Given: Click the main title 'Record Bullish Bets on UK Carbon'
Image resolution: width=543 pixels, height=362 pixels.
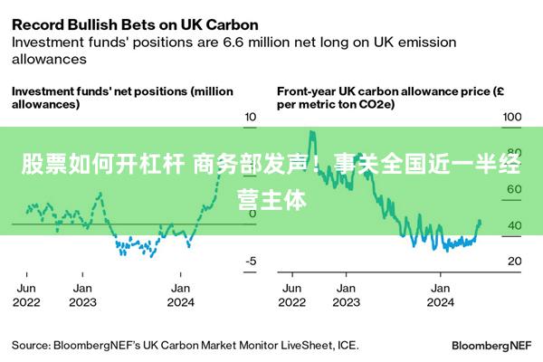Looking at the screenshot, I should (135, 24).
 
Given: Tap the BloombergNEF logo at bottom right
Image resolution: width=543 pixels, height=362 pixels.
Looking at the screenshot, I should (491, 345).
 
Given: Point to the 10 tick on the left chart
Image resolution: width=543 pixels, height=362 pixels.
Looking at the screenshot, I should (252, 117).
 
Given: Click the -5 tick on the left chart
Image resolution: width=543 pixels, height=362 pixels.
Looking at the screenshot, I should (252, 262).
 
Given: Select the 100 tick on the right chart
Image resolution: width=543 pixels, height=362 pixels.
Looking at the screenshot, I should (512, 117).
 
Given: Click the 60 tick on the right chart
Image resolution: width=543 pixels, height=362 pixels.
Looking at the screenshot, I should (512, 189).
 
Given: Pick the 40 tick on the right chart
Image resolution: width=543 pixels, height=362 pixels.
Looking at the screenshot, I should (512, 225).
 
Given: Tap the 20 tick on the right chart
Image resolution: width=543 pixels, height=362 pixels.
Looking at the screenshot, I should (512, 262).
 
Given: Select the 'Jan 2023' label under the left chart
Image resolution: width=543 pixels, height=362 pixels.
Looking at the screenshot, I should (82, 295).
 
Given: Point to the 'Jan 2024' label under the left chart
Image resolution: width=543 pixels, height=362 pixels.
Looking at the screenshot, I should (181, 295).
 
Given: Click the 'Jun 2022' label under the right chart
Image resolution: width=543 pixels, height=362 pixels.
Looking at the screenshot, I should (292, 295).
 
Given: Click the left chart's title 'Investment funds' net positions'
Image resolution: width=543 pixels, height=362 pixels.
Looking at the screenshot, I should (121, 98).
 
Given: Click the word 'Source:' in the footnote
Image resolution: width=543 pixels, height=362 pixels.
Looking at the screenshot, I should (32, 345).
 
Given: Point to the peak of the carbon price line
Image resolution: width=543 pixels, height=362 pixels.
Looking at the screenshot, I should (312, 132).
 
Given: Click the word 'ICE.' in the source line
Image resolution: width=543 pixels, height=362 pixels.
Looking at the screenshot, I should (346, 345).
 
